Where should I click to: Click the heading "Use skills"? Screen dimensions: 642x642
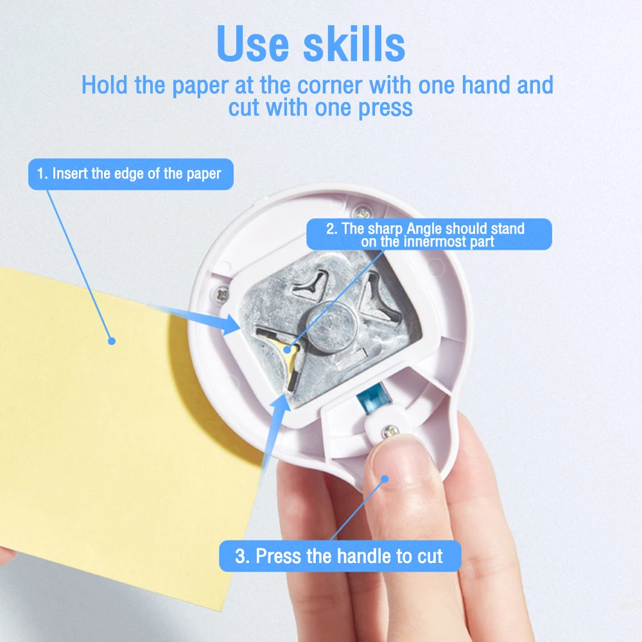[x=311, y=44]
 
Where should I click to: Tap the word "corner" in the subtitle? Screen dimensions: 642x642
[x=329, y=85]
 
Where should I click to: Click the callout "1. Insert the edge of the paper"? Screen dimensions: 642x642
[x=130, y=174]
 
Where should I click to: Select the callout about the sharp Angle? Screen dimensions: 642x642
[x=429, y=234]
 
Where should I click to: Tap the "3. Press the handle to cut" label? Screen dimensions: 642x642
[x=340, y=556]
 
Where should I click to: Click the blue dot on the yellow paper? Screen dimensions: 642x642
[x=111, y=341]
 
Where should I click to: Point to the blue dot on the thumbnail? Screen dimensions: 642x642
[x=385, y=479]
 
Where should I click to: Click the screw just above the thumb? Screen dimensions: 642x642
[x=390, y=431]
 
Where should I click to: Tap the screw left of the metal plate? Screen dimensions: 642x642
[x=221, y=294]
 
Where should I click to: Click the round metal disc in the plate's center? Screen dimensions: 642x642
[x=333, y=327]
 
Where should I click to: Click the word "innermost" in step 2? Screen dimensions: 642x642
[x=435, y=241]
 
